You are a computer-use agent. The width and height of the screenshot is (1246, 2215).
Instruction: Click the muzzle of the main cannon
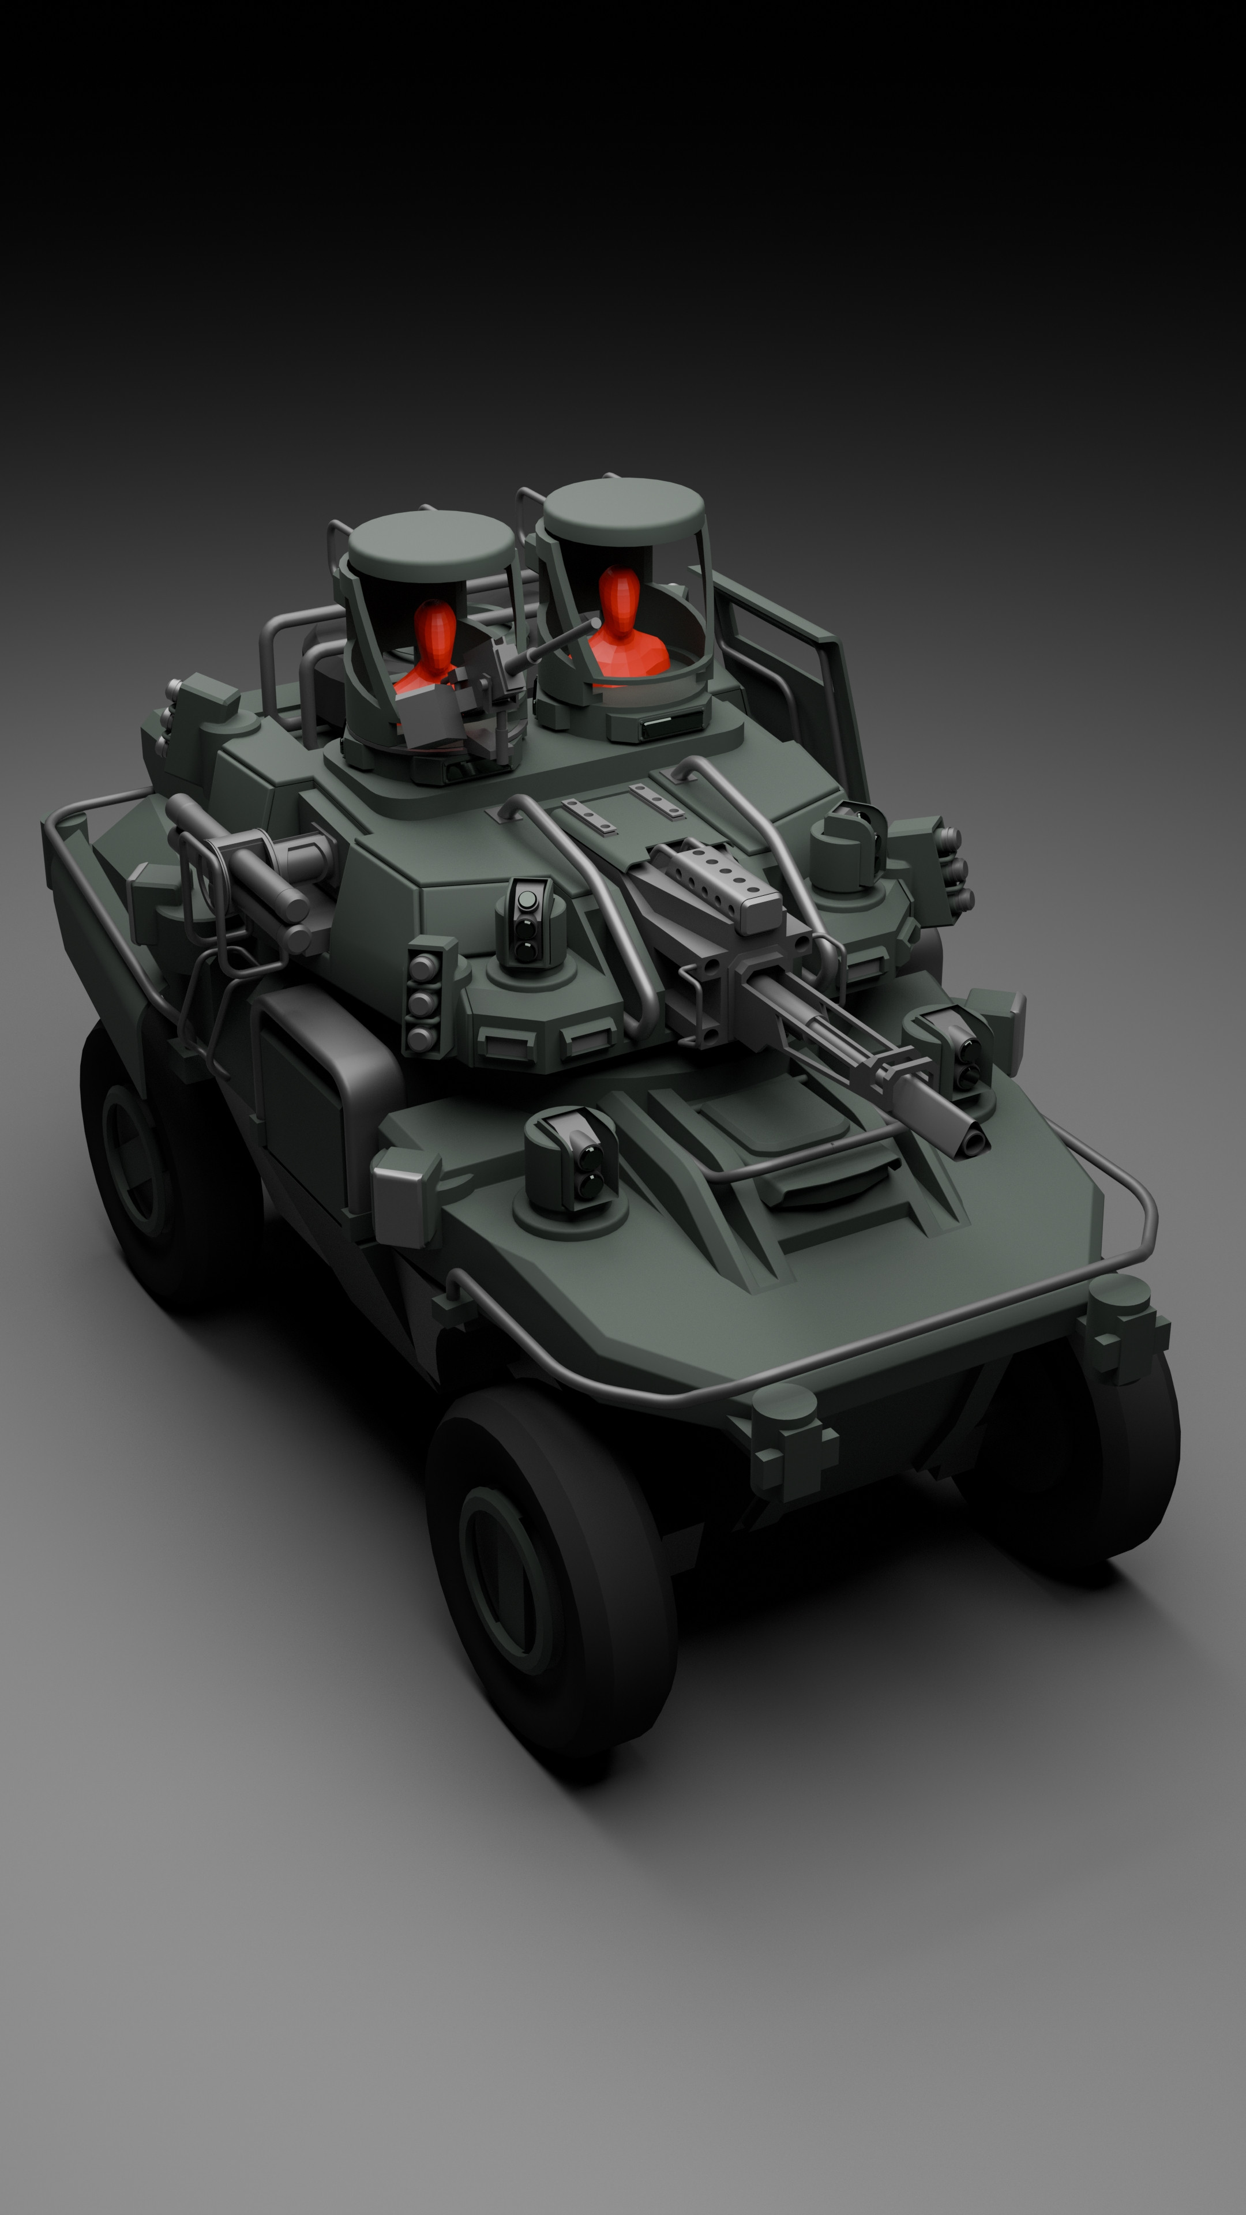coord(971,1137)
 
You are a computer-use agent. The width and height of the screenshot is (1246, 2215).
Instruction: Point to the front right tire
coord(1109,1453)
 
